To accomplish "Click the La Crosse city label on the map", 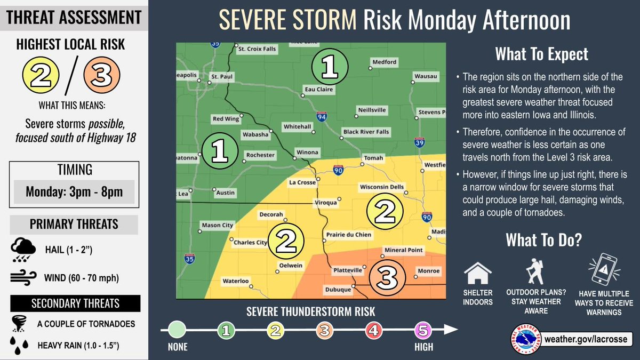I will click(302, 182).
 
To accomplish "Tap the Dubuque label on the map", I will click(339, 290).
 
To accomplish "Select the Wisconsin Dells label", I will click(382, 187).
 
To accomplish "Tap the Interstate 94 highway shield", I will click(322, 115).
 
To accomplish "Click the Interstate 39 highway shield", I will click(419, 142).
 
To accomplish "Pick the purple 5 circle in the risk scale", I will click(422, 331).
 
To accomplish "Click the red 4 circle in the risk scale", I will click(373, 331).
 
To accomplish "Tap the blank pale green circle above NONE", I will click(177, 331).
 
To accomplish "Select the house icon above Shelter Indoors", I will click(477, 273).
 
